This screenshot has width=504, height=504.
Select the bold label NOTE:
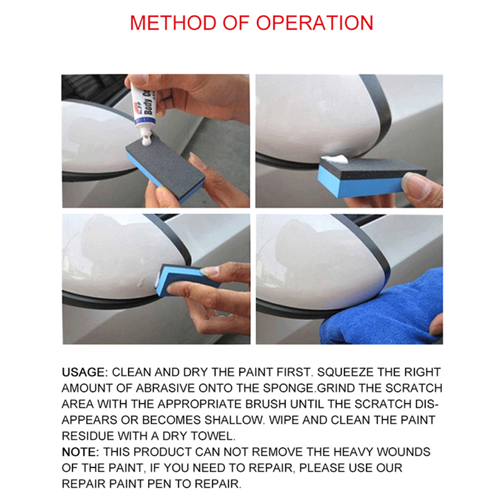(x=80, y=452)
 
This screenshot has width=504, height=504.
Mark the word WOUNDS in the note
(x=408, y=452)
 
